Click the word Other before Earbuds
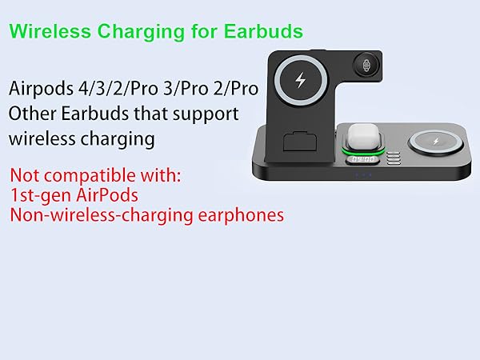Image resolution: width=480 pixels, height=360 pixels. [x=30, y=113]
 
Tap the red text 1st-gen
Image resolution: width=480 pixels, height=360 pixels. [x=42, y=194]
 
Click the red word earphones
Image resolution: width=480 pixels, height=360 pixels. [x=244, y=214]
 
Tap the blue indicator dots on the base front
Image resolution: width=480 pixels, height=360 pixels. [x=363, y=176]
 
